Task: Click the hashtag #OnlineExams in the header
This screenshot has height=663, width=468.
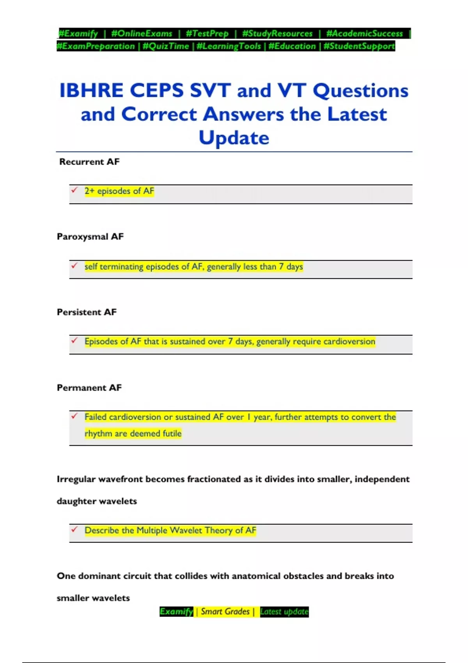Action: point(142,34)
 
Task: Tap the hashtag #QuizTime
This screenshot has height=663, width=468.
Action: point(166,46)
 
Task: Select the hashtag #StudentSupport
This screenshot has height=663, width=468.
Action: point(359,46)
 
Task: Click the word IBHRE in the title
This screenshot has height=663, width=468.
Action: point(92,90)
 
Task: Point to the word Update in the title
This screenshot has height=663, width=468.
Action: point(234,138)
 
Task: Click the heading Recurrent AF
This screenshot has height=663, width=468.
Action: point(89,162)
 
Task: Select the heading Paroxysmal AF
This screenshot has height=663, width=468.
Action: point(90,237)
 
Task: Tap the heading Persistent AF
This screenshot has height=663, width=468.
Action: point(87,312)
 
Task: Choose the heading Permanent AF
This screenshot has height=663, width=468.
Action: point(89,388)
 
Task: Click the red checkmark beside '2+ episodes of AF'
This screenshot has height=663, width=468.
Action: point(74,190)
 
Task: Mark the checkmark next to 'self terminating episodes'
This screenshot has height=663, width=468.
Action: point(74,266)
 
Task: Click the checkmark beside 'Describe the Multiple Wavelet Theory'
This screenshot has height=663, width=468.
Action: point(74,529)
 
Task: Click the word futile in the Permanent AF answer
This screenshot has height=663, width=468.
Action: point(172,434)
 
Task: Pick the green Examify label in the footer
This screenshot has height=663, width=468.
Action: point(176,612)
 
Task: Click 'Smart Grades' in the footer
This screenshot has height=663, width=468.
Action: point(225,612)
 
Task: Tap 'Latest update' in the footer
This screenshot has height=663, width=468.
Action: point(284,612)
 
